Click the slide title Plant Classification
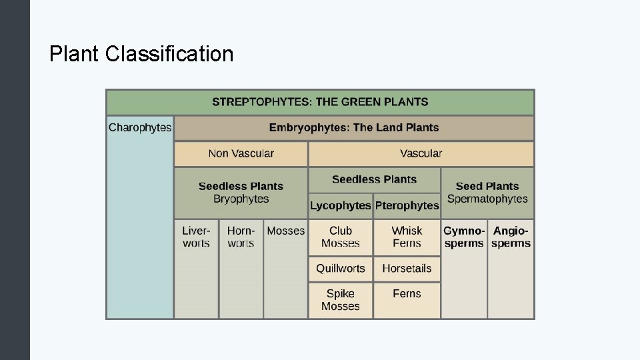(141, 53)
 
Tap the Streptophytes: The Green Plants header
(320, 102)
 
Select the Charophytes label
(140, 127)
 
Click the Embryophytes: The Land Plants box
(354, 127)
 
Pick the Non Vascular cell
(241, 153)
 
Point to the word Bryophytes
(241, 199)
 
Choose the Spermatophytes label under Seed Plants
(487, 199)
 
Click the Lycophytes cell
(340, 205)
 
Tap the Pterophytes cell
(407, 205)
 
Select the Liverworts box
(196, 237)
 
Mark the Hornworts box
(241, 237)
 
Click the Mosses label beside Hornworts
(285, 231)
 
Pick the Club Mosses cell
(340, 237)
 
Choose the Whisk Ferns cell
(407, 237)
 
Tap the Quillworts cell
(340, 269)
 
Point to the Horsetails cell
(407, 269)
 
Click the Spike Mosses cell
(340, 300)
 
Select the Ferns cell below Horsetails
(407, 293)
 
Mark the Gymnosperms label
(464, 237)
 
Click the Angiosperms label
(511, 237)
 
